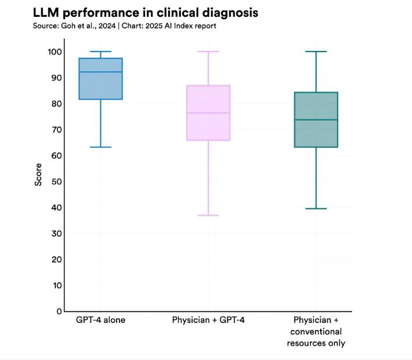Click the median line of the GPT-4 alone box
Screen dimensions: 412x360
click(100, 72)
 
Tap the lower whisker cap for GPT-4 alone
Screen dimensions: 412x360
click(100, 147)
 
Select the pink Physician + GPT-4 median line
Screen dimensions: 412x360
click(208, 113)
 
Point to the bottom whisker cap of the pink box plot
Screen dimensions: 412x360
click(208, 215)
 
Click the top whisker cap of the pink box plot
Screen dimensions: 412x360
click(208, 52)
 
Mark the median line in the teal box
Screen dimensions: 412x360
click(316, 120)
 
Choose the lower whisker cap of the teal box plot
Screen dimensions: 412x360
click(316, 209)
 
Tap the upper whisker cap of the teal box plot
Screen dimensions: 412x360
click(316, 52)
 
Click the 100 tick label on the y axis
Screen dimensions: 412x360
click(55, 52)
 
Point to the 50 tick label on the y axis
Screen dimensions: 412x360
click(57, 181)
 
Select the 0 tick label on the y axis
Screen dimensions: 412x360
click(59, 311)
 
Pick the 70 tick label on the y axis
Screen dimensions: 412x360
click(57, 130)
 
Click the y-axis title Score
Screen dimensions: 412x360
click(38, 174)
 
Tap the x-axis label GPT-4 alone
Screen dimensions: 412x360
click(100, 320)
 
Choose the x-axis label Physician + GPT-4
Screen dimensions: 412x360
click(208, 320)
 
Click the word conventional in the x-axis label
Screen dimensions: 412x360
click(316, 332)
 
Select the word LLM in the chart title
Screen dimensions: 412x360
click(46, 13)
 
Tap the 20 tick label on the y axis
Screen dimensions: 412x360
click(57, 260)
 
